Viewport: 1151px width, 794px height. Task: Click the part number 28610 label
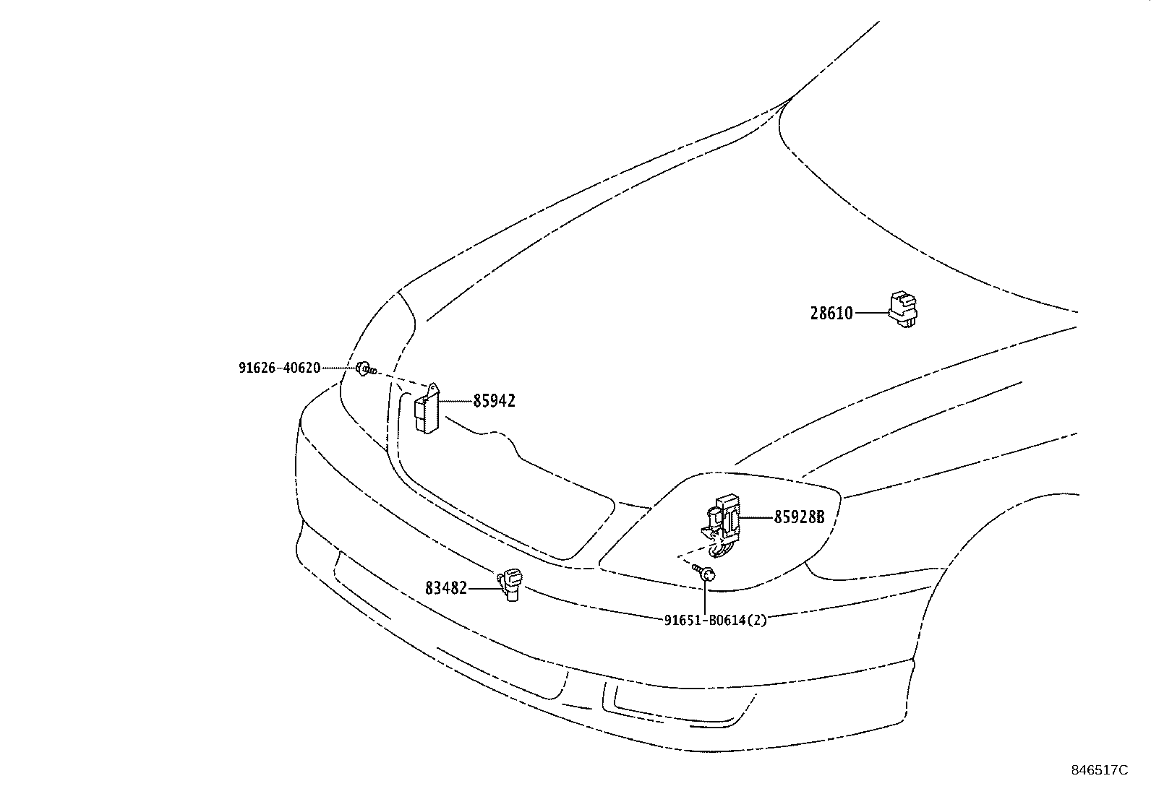pyautogui.click(x=831, y=314)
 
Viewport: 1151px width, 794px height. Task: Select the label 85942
pyautogui.click(x=495, y=401)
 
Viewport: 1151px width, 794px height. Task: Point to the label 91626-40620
pyautogui.click(x=279, y=368)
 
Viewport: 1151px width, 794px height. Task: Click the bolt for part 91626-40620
pyautogui.click(x=366, y=369)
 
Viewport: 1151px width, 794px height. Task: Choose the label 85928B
pyautogui.click(x=799, y=517)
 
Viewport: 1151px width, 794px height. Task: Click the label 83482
pyautogui.click(x=446, y=589)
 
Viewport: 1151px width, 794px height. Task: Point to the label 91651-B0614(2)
pyautogui.click(x=715, y=620)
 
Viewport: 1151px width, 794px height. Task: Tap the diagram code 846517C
pyautogui.click(x=1099, y=769)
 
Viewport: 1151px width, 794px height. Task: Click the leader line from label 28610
pyautogui.click(x=870, y=313)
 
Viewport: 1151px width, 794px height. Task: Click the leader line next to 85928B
pyautogui.click(x=756, y=517)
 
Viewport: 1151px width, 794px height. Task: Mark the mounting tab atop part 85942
pyautogui.click(x=433, y=391)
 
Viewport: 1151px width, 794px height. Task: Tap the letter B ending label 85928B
pyautogui.click(x=819, y=517)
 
